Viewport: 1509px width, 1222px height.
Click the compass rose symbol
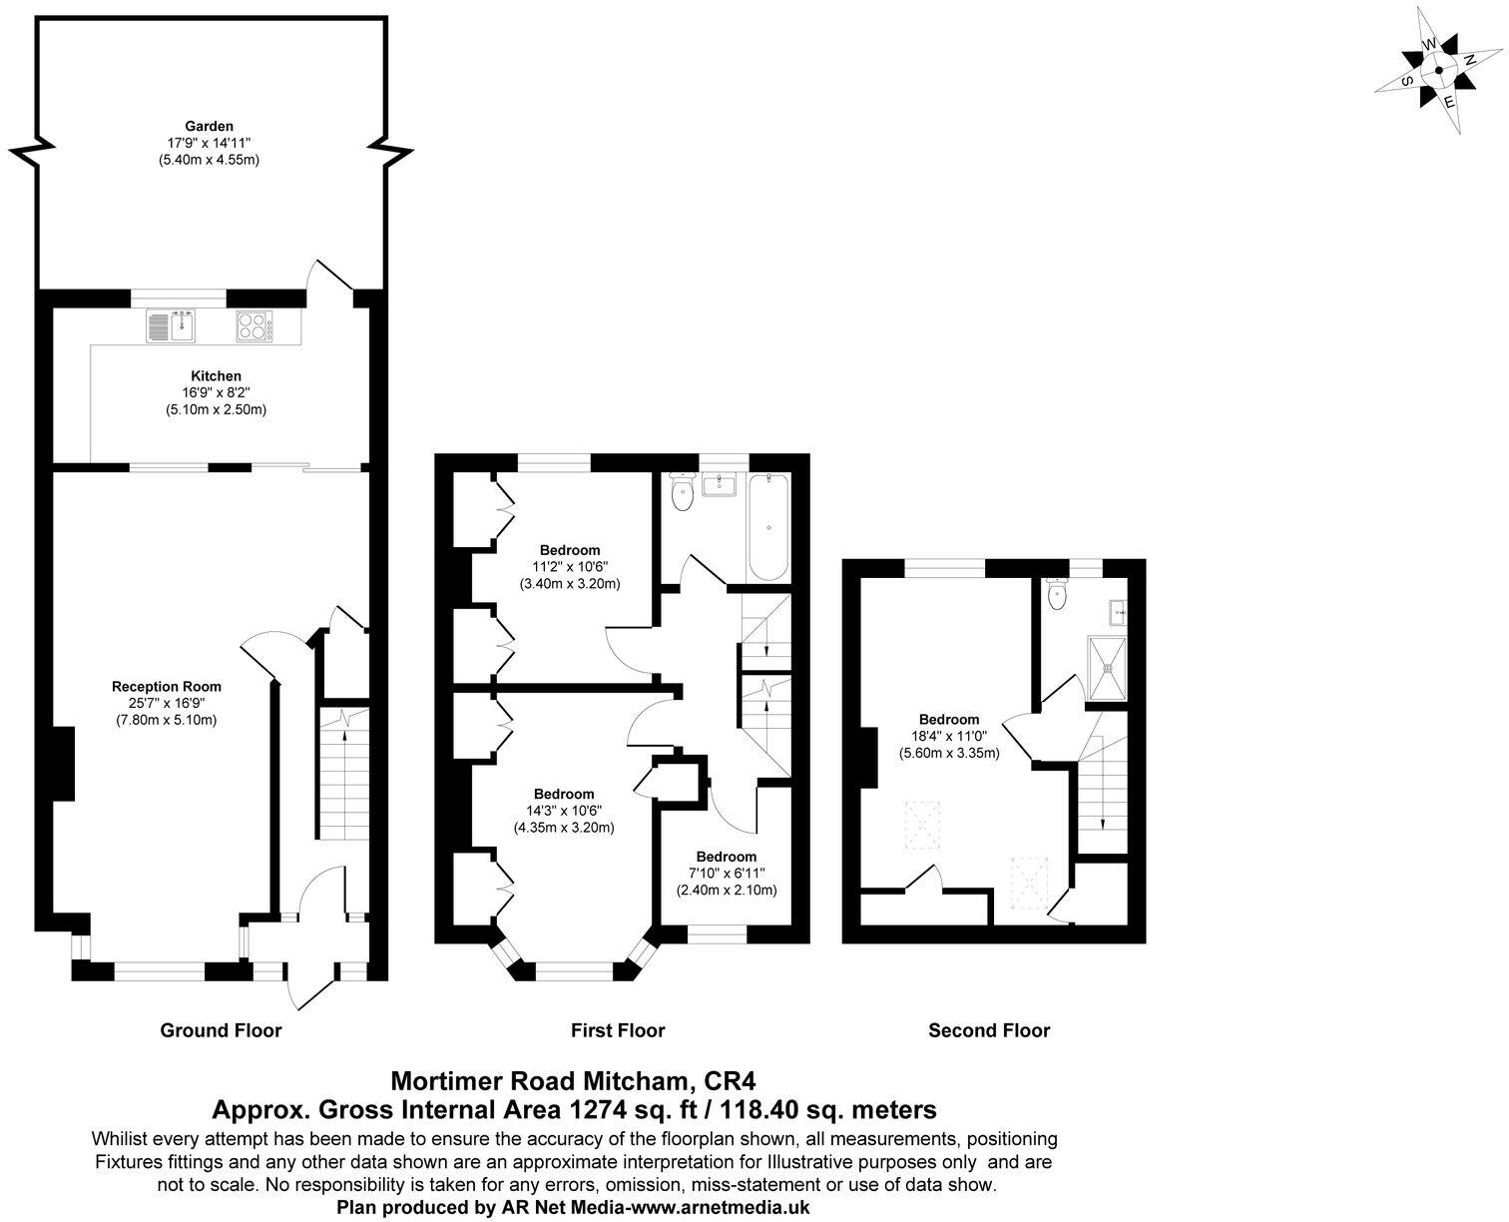[x=1438, y=70]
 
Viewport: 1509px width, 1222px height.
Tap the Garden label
[x=209, y=127]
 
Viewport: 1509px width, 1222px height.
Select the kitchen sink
[x=173, y=325]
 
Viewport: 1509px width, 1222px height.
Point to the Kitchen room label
[x=216, y=376]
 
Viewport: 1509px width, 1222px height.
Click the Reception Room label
[x=167, y=687]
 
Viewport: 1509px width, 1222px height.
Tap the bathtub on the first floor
[x=768, y=528]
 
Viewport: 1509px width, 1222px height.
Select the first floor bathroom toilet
[x=684, y=492]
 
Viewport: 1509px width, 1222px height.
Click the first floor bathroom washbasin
[x=720, y=486]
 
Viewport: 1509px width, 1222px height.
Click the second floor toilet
[x=1057, y=595]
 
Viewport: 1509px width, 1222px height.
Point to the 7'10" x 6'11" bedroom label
[x=727, y=857]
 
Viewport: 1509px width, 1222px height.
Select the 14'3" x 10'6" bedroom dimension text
[x=564, y=811]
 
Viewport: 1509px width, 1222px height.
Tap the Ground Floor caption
[x=221, y=1030]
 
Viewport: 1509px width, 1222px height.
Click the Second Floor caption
[x=989, y=1030]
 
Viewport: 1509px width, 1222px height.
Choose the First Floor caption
[x=618, y=1030]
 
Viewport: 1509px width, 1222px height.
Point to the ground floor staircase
[x=344, y=779]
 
